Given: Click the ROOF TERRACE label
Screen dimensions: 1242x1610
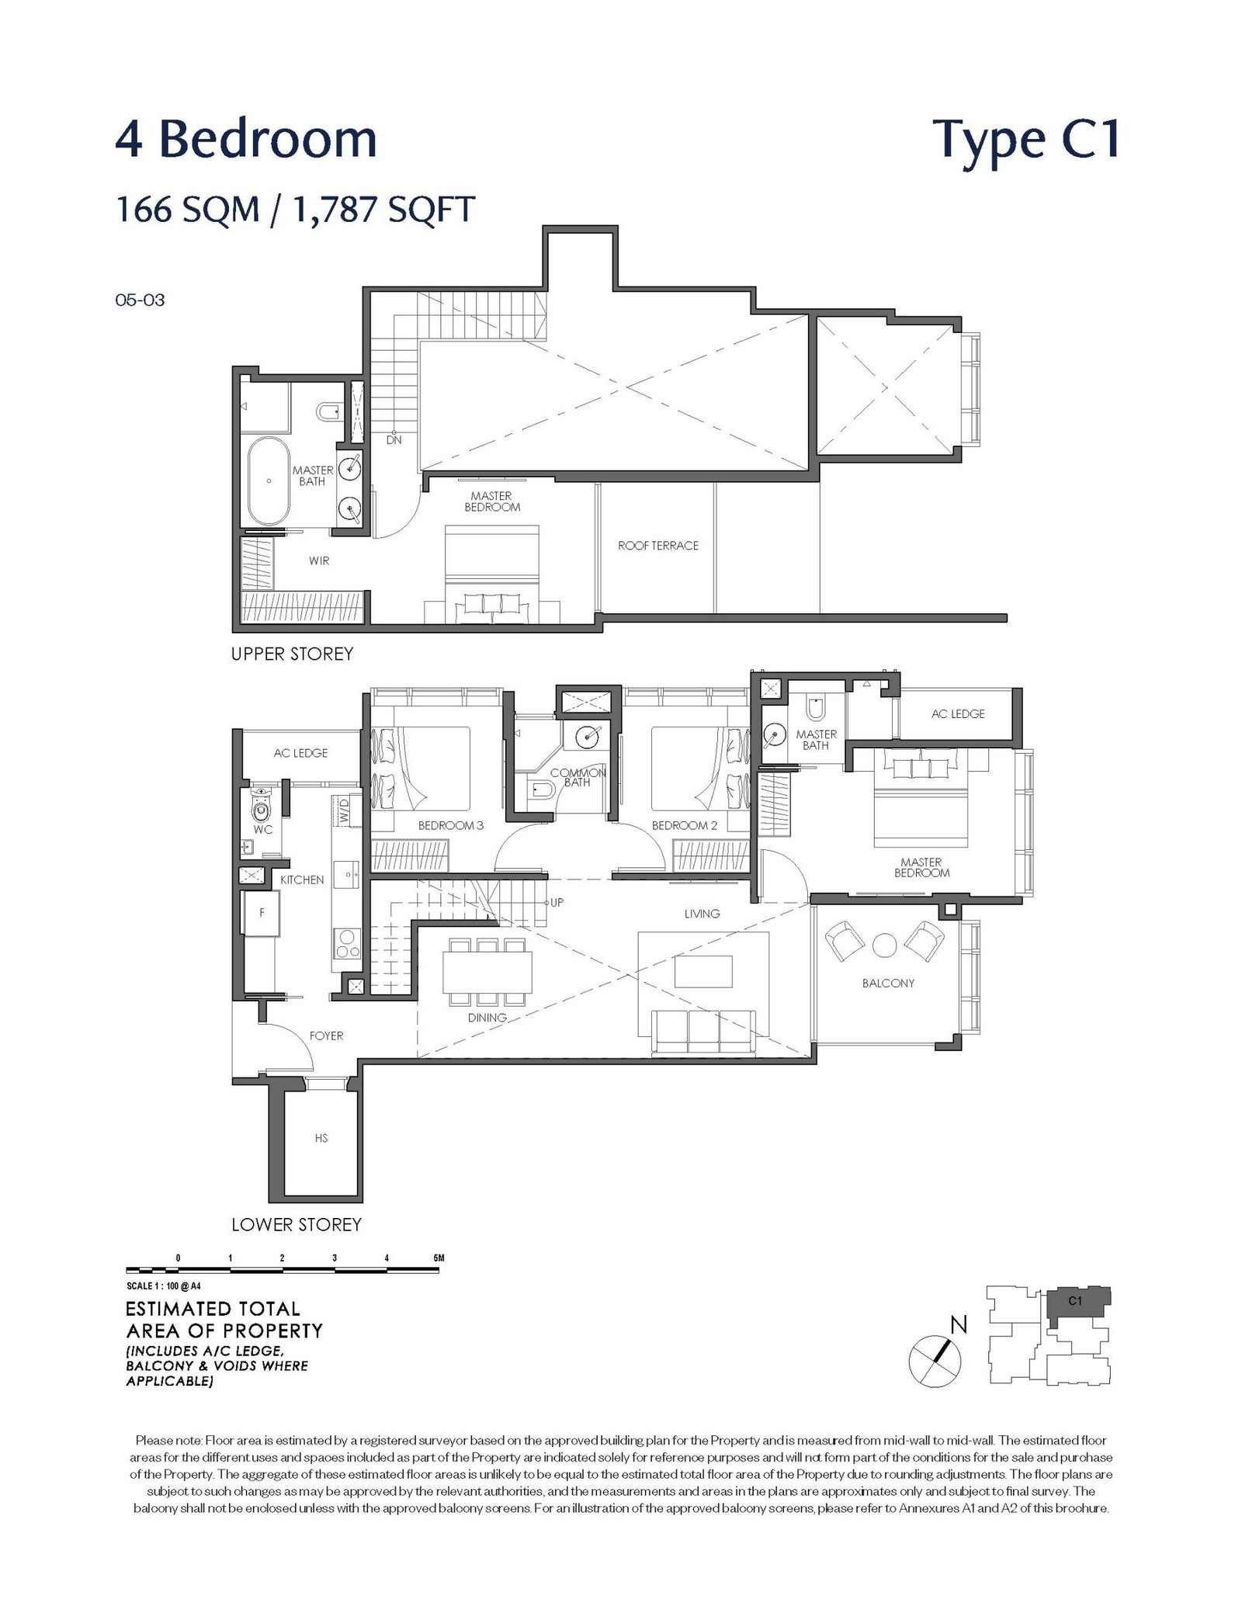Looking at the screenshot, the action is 657,546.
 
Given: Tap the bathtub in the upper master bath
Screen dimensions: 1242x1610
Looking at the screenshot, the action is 269,481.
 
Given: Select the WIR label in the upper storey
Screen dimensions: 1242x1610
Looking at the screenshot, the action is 319,560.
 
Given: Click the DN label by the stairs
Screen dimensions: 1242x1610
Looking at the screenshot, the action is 394,440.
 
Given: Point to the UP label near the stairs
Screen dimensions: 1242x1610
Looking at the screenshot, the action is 557,903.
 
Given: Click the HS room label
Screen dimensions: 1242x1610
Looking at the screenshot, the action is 321,1138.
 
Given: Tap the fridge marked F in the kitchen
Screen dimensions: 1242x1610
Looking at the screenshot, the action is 262,914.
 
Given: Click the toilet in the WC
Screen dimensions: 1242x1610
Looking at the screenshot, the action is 261,808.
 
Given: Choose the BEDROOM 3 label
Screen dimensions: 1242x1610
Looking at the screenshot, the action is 450,825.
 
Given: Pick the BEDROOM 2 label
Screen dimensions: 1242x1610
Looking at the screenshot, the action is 684,825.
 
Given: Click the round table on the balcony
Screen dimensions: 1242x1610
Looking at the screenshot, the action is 885,944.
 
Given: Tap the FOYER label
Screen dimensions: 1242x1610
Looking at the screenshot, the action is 326,1036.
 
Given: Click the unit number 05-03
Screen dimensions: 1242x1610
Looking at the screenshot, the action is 140,300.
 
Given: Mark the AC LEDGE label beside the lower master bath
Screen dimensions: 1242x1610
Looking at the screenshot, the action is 957,713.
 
